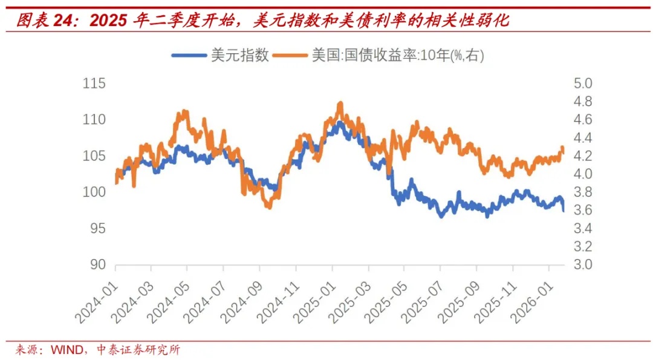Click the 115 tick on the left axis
94,83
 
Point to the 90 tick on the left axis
96,265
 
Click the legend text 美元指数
239,56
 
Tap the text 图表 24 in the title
41,21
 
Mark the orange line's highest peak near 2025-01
340,103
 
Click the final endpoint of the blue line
564,211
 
